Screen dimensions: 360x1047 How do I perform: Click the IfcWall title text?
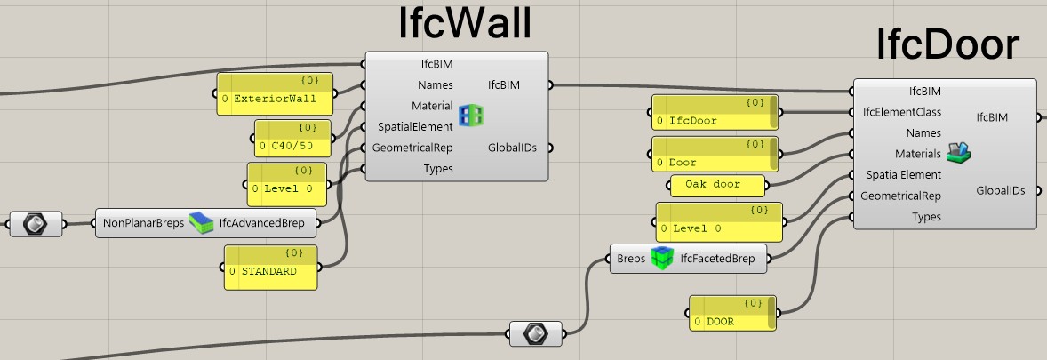click(x=464, y=25)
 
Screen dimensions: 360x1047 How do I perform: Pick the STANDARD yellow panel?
click(x=270, y=268)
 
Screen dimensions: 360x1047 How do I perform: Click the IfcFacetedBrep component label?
click(x=717, y=259)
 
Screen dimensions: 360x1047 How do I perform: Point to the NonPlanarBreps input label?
click(x=142, y=223)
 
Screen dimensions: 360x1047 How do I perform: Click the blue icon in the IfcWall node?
click(x=470, y=115)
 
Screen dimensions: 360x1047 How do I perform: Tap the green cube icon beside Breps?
click(x=661, y=259)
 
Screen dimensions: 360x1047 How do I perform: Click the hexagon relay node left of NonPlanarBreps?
click(x=36, y=223)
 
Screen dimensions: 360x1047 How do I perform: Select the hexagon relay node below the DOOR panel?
click(x=535, y=333)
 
